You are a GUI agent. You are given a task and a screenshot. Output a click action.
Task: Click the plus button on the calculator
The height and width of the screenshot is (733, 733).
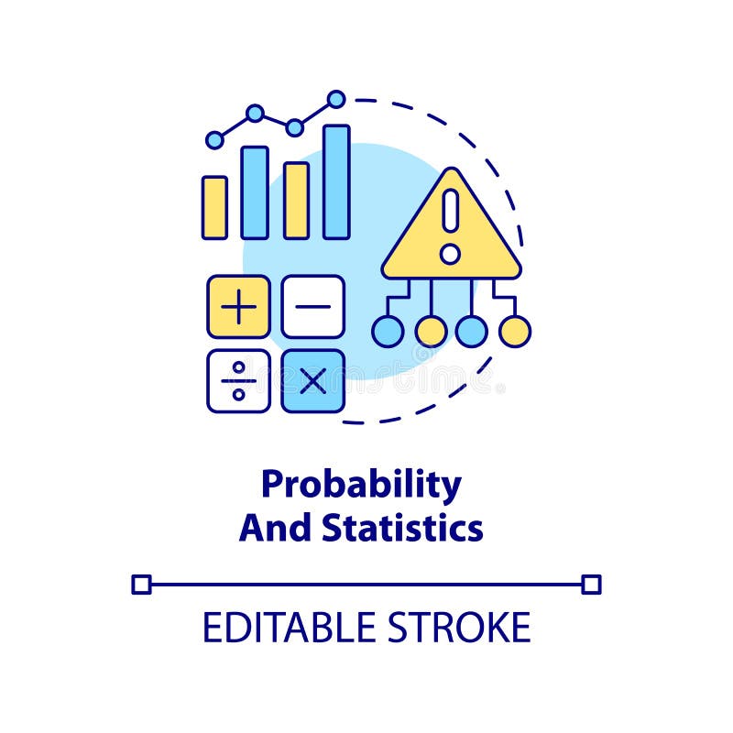point(238,307)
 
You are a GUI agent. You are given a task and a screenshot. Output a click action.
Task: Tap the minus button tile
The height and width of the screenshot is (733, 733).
point(312,307)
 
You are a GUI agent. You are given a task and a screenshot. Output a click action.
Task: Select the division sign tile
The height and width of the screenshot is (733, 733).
point(238,380)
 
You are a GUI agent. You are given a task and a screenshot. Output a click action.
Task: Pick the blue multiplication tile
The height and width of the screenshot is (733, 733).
point(312,380)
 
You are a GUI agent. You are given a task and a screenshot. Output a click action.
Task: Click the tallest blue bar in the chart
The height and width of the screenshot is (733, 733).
point(336,181)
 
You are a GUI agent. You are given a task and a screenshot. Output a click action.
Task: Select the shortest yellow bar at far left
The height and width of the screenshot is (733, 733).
point(214,207)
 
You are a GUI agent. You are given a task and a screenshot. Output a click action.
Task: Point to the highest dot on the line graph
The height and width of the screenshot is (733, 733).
point(336,99)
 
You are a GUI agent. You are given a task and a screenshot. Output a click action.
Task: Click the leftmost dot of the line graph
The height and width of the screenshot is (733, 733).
point(214,139)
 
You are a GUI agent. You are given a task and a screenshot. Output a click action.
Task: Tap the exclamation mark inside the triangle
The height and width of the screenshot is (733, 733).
point(450,224)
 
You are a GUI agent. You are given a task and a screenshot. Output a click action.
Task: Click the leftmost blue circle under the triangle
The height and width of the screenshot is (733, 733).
point(388,331)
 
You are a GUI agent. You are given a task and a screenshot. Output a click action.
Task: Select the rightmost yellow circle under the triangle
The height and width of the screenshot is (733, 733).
point(515,331)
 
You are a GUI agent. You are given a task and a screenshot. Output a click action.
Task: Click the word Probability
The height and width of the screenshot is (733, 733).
point(361,486)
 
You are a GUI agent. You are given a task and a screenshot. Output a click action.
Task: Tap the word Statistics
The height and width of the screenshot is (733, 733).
point(402,529)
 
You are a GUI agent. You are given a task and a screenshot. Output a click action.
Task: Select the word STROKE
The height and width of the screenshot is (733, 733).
point(460,628)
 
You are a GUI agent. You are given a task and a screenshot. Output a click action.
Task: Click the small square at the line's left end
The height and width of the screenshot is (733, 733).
point(141,584)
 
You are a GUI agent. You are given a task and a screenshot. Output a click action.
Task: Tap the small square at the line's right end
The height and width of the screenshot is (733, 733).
point(592,584)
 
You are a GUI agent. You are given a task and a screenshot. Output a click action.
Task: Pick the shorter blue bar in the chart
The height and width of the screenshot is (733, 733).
point(255,192)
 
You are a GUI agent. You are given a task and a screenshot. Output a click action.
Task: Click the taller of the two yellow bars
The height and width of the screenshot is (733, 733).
point(296,200)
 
